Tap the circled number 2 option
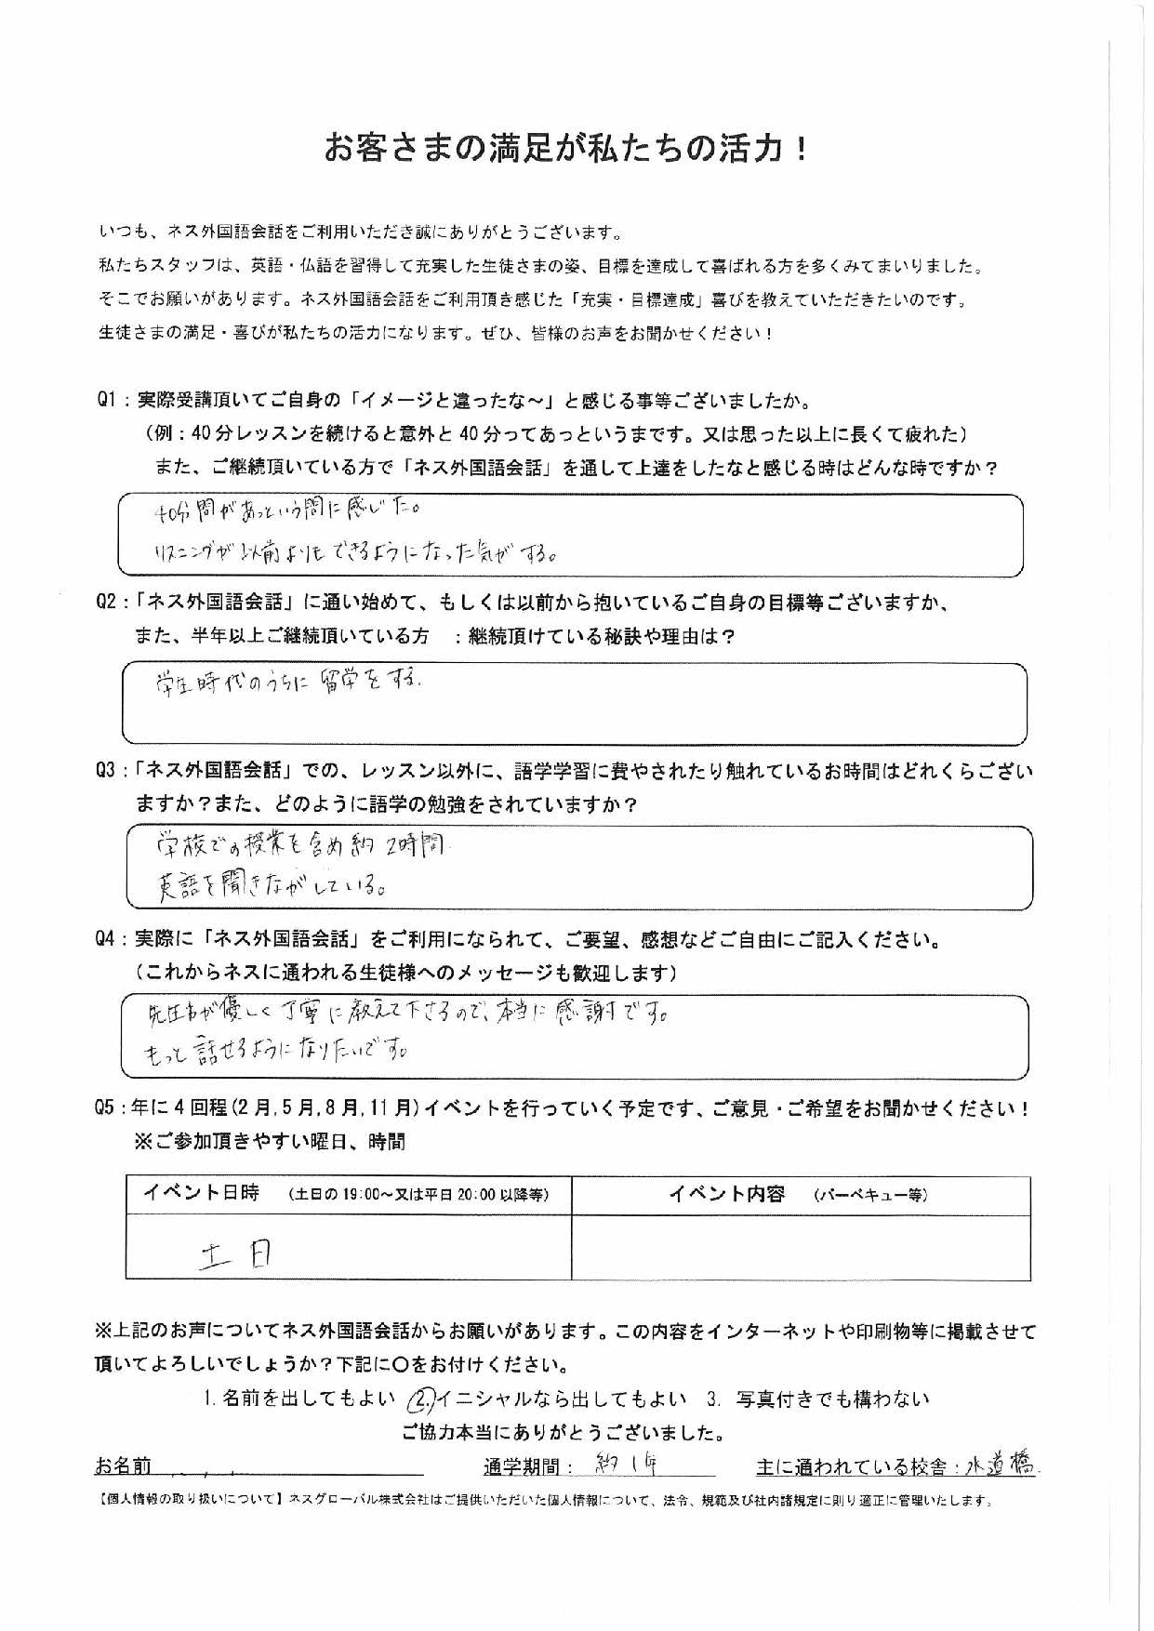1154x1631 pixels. [x=422, y=1399]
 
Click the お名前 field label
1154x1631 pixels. [x=122, y=1466]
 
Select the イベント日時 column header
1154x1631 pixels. [x=201, y=1195]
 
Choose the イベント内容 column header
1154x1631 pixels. [x=727, y=1195]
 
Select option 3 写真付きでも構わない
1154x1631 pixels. [x=818, y=1399]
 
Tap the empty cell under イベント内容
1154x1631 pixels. [x=800, y=1248]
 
